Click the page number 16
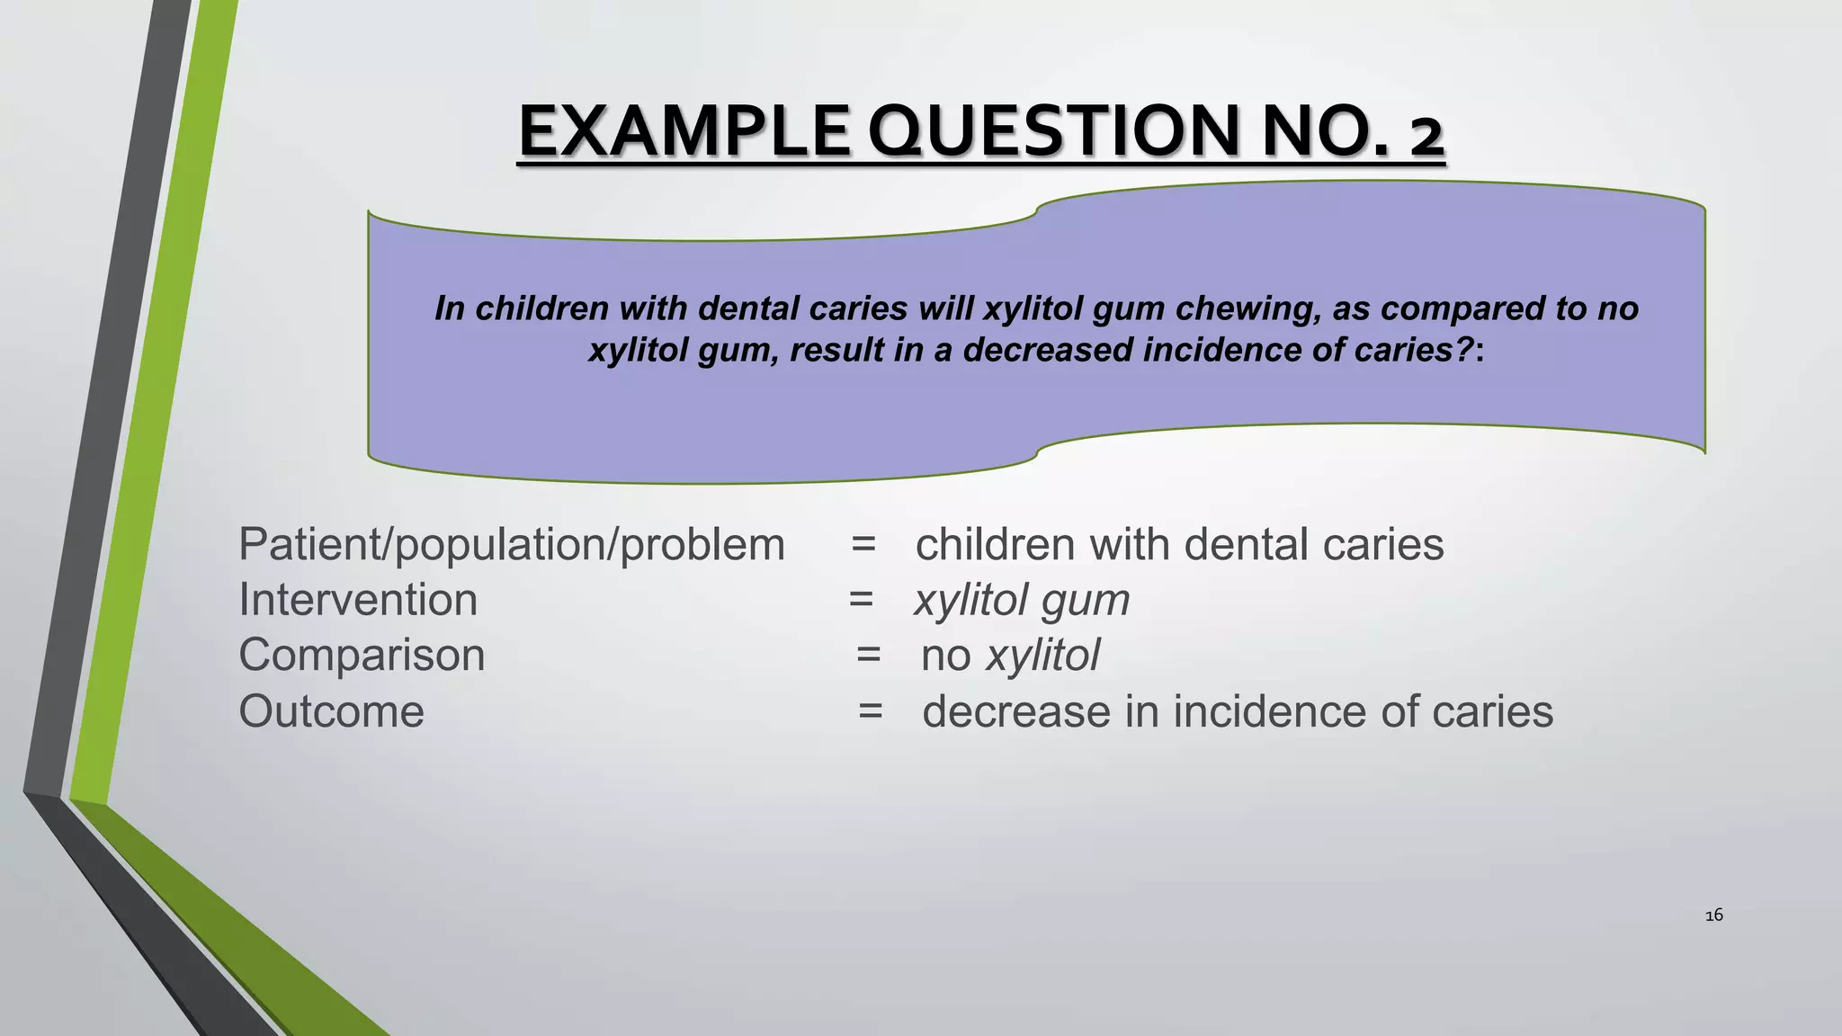(1713, 915)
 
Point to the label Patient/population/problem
(512, 545)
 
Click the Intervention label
(358, 600)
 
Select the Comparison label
(362, 655)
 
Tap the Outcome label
(331, 711)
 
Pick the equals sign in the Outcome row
(870, 711)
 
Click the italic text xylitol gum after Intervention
(1022, 600)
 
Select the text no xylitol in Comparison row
(1010, 655)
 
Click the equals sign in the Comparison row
(868, 655)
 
